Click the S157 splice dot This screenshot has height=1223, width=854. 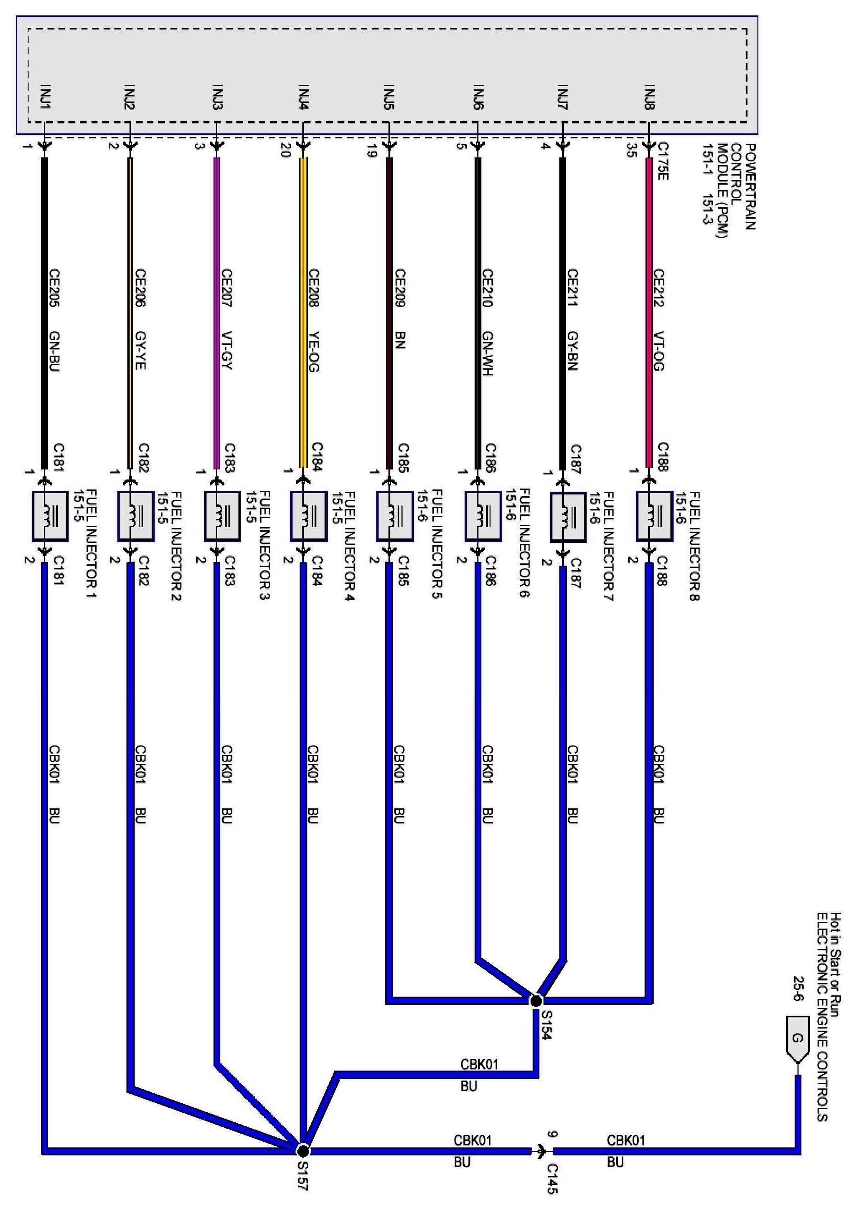tap(302, 1150)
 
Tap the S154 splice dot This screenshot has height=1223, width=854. tap(536, 1000)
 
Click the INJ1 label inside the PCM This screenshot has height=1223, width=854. tap(45, 97)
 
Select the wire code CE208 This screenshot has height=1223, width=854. tap(313, 288)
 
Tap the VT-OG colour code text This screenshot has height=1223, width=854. tap(659, 351)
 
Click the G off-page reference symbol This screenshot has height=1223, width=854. tap(797, 1039)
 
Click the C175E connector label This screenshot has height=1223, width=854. tap(663, 161)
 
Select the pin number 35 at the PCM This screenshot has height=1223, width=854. tap(632, 151)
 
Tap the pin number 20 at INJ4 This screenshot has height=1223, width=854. tap(286, 151)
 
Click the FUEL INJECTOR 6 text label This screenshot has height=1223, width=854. tap(524, 543)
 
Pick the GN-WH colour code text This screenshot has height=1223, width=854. tap(487, 354)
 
